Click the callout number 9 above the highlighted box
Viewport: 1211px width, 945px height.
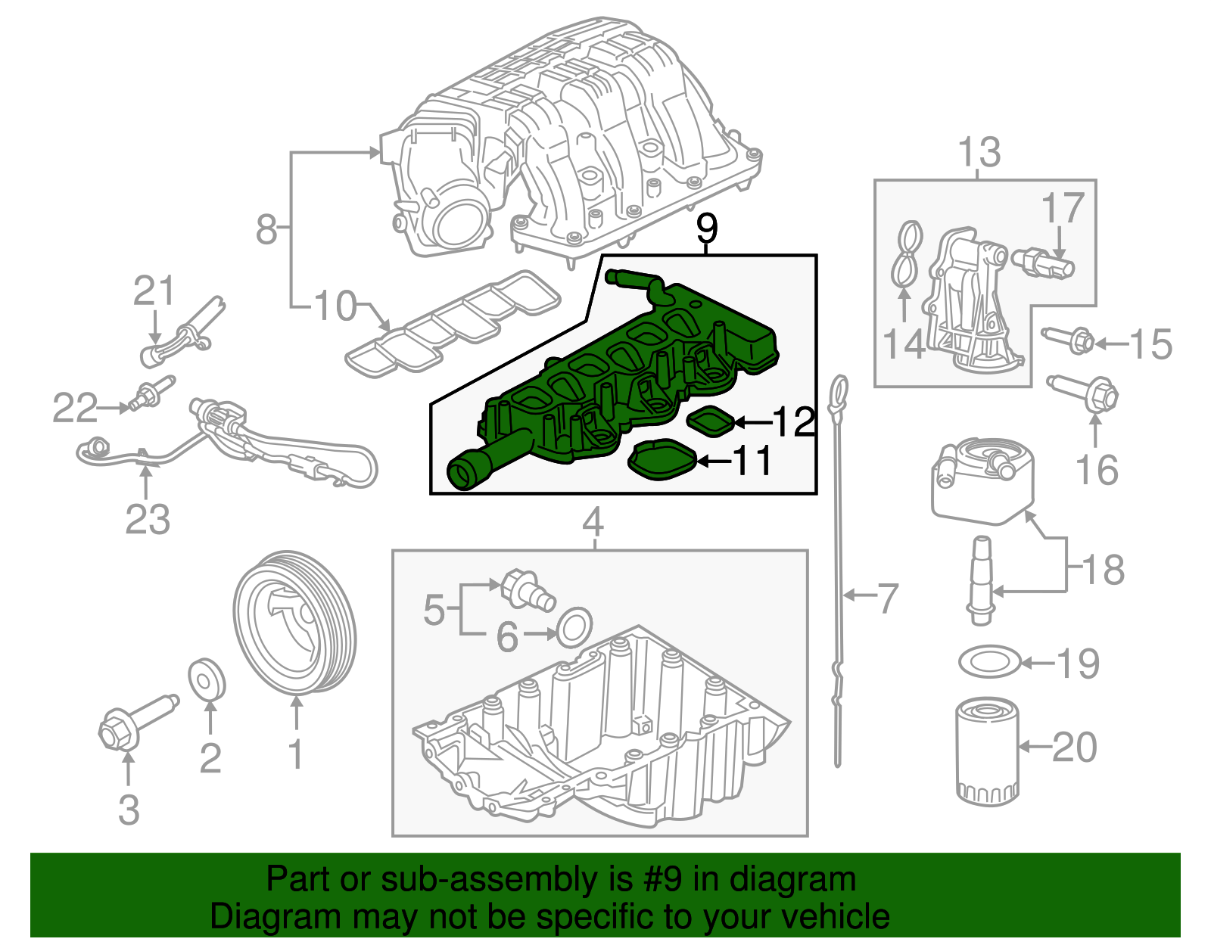pos(705,228)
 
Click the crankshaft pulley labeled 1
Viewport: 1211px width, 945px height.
pos(294,622)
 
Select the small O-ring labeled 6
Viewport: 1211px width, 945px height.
pos(574,626)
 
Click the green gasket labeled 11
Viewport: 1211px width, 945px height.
pos(664,461)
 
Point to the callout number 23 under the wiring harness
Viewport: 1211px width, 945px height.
pos(148,520)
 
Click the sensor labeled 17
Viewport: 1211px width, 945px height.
pos(1048,263)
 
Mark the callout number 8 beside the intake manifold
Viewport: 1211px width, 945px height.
pos(266,228)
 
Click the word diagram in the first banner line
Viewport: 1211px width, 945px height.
pos(807,880)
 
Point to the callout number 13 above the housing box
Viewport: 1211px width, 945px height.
pos(979,153)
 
